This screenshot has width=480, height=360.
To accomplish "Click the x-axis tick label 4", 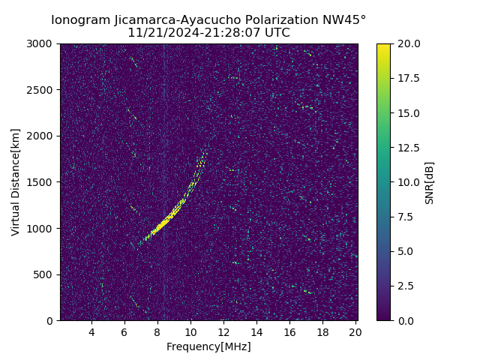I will click(91, 332).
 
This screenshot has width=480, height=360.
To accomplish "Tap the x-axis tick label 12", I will click(223, 332).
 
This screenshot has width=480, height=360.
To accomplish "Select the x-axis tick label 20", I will click(355, 332).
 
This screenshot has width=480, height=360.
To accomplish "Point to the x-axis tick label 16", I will click(289, 332).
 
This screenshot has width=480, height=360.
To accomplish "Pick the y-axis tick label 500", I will click(43, 274).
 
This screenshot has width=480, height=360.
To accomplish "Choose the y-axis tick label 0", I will click(50, 321).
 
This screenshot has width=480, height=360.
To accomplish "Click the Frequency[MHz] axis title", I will click(208, 346).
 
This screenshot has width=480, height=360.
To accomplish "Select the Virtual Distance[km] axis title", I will click(16, 182).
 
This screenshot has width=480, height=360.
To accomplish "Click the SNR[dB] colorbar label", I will click(430, 182).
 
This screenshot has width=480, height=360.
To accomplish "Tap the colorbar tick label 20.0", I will click(408, 44).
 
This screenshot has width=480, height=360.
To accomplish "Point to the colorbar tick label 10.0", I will click(408, 182).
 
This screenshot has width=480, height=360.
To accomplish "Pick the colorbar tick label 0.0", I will click(406, 321).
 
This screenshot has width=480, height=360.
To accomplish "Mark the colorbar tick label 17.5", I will click(408, 79).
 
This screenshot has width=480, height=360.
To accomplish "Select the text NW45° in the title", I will click(343, 20).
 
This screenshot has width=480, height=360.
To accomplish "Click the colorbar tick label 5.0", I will click(406, 251).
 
